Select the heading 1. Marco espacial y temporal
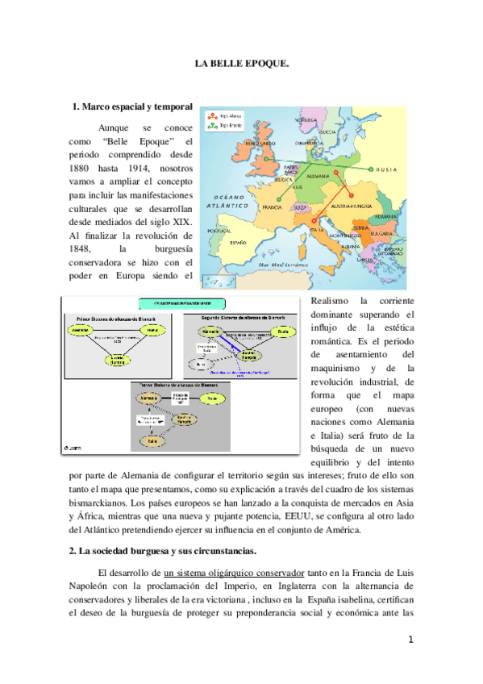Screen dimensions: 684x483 tap(132, 106)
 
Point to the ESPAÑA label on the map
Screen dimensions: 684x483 tap(239, 241)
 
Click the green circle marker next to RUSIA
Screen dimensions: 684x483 tap(370, 169)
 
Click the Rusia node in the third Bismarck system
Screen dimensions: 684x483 tap(212, 397)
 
